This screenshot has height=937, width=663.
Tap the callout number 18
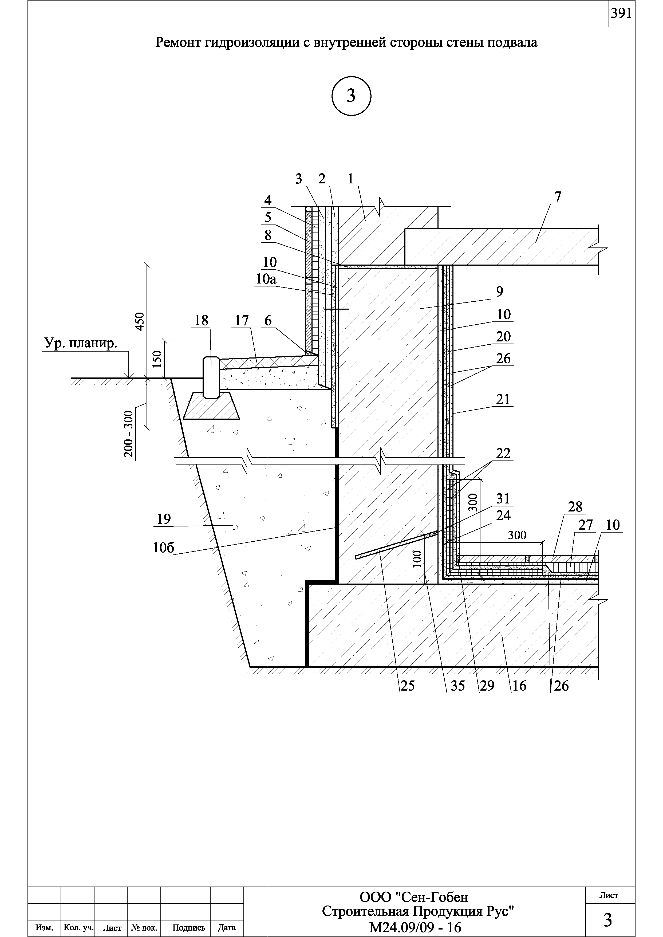pyautogui.click(x=201, y=321)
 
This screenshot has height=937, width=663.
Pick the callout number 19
pyautogui.click(x=164, y=519)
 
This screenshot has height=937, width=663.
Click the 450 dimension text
pyautogui.click(x=139, y=321)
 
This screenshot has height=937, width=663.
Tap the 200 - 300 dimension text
pyautogui.click(x=129, y=434)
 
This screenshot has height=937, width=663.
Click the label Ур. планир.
pyautogui.click(x=80, y=344)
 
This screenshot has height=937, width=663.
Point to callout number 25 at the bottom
pyautogui.click(x=407, y=686)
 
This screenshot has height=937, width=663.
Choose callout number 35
pyautogui.click(x=458, y=686)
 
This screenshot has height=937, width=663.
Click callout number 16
pyautogui.click(x=519, y=686)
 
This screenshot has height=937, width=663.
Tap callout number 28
pyautogui.click(x=575, y=507)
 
